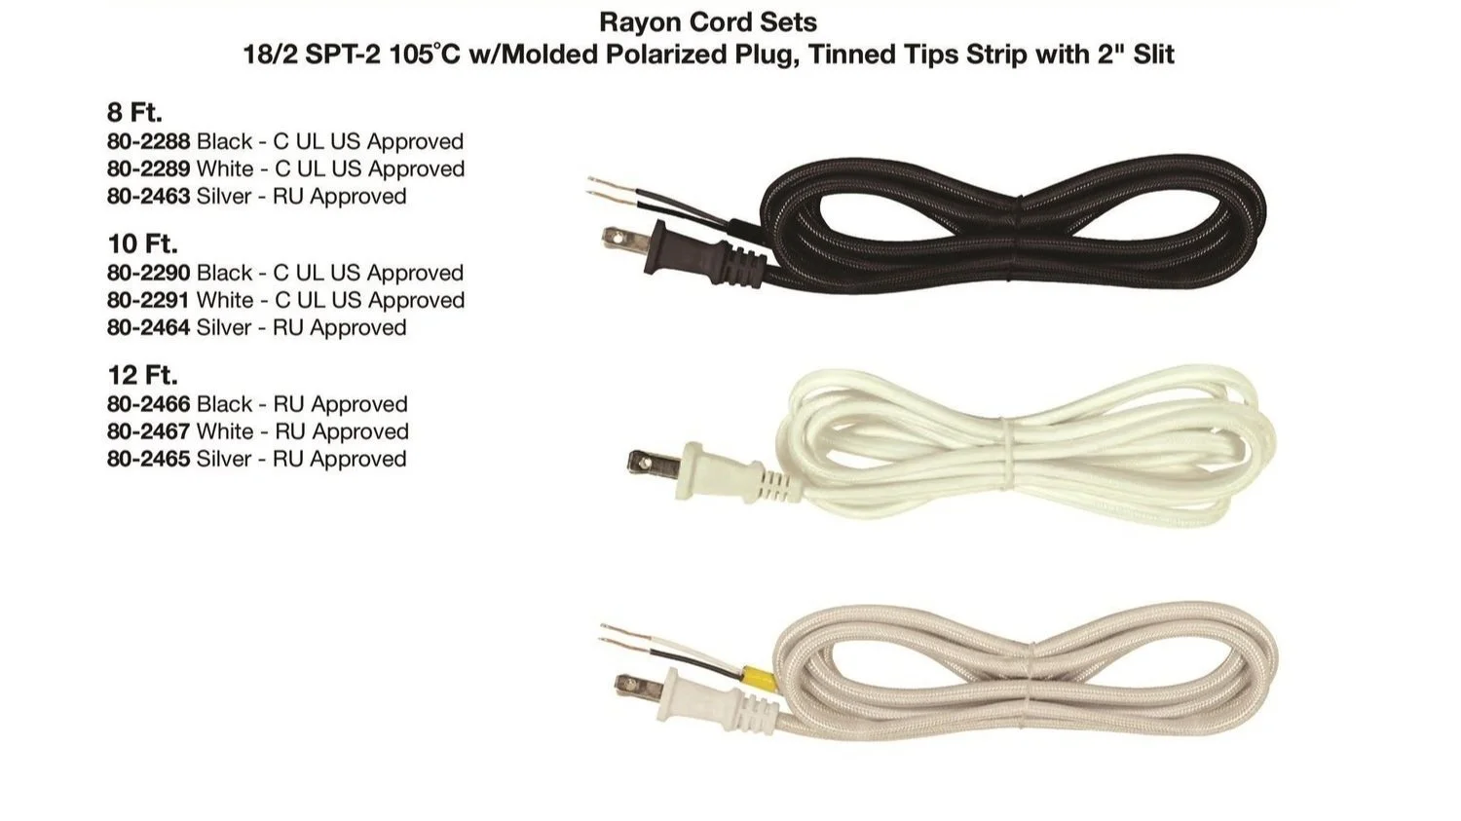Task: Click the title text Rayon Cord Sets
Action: (x=708, y=21)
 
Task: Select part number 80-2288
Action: (x=148, y=141)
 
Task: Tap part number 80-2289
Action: (x=148, y=168)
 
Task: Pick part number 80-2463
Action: (x=148, y=196)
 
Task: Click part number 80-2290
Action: (x=148, y=273)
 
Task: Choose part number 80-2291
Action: (x=148, y=300)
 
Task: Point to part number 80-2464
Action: (x=148, y=327)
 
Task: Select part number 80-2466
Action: (x=148, y=404)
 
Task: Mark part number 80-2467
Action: (x=148, y=431)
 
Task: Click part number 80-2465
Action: (x=148, y=459)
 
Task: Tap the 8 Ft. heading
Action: (x=134, y=112)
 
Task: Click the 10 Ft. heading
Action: (x=142, y=243)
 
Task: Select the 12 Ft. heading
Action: (x=142, y=375)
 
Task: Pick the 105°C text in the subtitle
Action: (x=426, y=54)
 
